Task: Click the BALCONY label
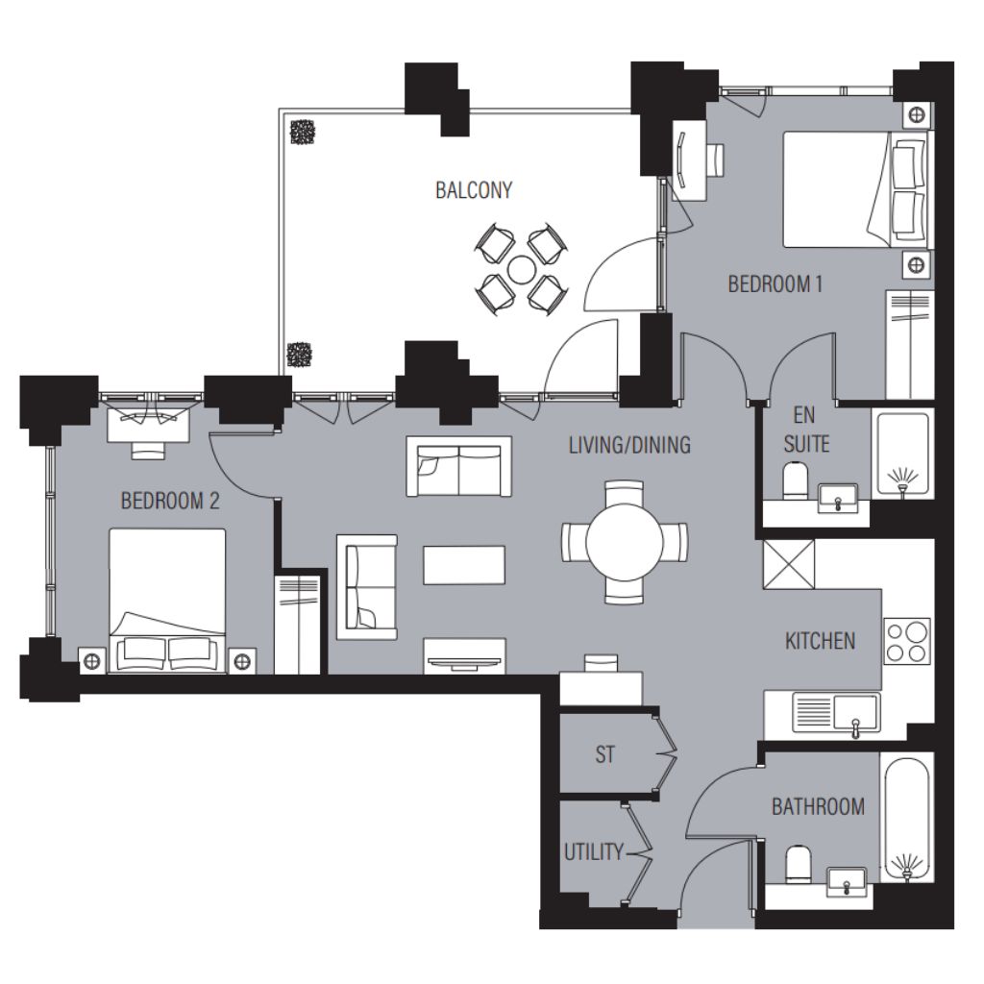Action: coord(474,190)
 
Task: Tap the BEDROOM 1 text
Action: coord(775,284)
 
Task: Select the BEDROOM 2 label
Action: coord(170,501)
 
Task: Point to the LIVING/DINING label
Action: coord(629,445)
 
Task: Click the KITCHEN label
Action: coord(821,641)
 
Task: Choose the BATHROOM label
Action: coord(818,806)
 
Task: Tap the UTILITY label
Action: coord(593,852)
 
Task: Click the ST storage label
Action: coord(605,754)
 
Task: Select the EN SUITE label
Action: coord(806,430)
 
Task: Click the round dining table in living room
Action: coord(625,542)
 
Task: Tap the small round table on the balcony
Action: coord(521,270)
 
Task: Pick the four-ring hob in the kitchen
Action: coord(907,641)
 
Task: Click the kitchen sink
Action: coord(837,714)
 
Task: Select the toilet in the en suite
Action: coord(797,481)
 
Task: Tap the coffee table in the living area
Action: coord(464,565)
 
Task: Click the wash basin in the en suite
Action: coord(838,499)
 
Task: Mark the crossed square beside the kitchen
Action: coord(788,564)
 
